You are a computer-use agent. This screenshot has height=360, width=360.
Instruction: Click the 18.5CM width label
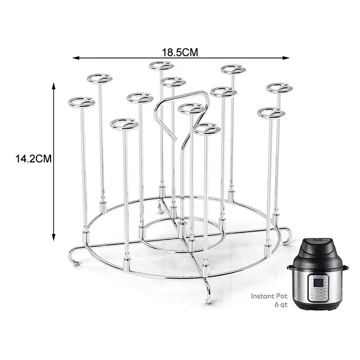181,52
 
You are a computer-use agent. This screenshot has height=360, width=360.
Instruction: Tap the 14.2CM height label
34,159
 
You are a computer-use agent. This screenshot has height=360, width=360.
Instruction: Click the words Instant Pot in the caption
265,296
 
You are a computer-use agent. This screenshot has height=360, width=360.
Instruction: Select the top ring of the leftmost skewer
82,102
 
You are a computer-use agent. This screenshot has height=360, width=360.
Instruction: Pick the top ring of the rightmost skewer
280,88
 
